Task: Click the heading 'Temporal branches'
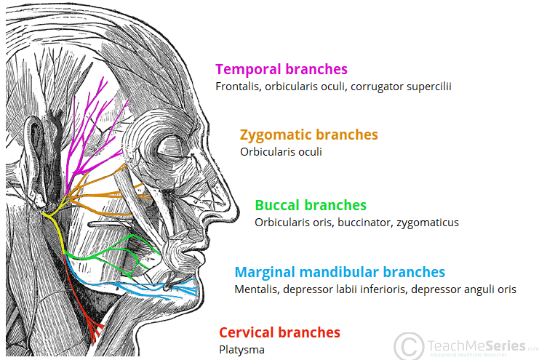281,70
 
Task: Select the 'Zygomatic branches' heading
308,135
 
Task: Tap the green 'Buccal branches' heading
310,205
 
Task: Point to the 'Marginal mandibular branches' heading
339,273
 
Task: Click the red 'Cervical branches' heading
279,332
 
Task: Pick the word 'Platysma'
241,349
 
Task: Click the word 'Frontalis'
238,87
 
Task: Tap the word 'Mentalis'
255,289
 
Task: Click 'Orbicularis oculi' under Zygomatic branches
281,152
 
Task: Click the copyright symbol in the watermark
409,344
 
